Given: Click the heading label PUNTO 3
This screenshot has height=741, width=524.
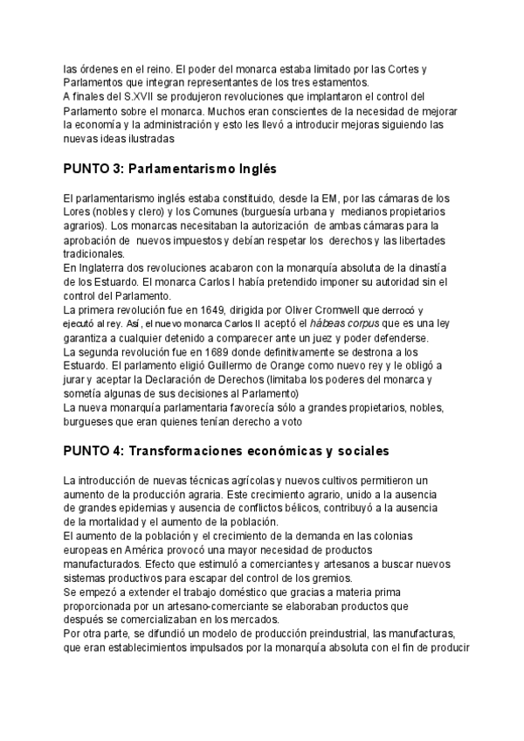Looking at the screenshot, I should coord(92,167).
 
